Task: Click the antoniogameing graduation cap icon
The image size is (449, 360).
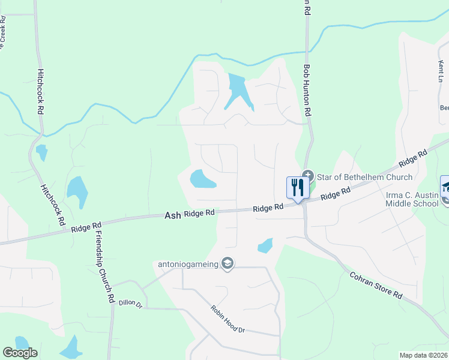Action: click(x=228, y=263)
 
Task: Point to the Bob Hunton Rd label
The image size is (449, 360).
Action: click(x=307, y=91)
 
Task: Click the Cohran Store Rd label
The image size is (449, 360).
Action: click(x=376, y=286)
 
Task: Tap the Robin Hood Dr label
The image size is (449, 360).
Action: click(x=228, y=319)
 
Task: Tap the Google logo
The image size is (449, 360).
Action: click(x=20, y=353)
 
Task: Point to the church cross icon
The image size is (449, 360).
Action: click(x=308, y=176)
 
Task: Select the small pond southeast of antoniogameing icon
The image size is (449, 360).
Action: click(x=265, y=245)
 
